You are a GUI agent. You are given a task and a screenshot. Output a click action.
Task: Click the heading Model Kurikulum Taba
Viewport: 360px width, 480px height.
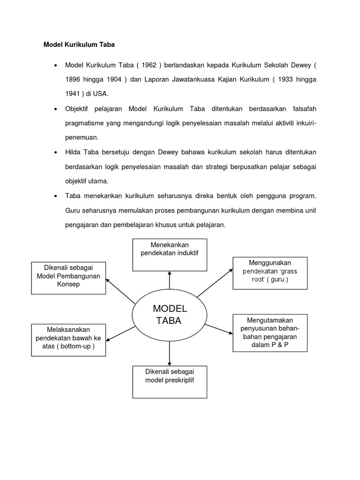click(79, 45)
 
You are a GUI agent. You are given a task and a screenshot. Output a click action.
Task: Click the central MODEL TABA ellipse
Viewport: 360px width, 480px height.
click(170, 315)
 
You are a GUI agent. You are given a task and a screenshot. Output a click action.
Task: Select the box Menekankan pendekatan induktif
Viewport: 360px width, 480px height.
click(170, 255)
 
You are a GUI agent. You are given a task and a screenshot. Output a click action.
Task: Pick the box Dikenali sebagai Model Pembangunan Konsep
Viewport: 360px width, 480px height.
click(68, 278)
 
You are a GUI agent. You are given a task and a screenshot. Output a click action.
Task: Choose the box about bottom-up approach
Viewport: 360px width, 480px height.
click(68, 339)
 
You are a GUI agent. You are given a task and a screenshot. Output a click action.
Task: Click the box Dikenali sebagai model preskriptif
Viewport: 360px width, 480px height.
click(170, 382)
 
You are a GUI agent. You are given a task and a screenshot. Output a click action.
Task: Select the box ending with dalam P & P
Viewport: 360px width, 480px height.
click(270, 333)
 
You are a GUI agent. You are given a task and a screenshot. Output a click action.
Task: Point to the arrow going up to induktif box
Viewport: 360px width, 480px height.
click(170, 280)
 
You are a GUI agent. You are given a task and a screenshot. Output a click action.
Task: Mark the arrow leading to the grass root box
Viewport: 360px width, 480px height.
click(215, 283)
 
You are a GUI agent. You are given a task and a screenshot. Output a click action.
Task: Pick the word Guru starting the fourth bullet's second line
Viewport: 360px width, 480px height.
click(74, 211)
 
